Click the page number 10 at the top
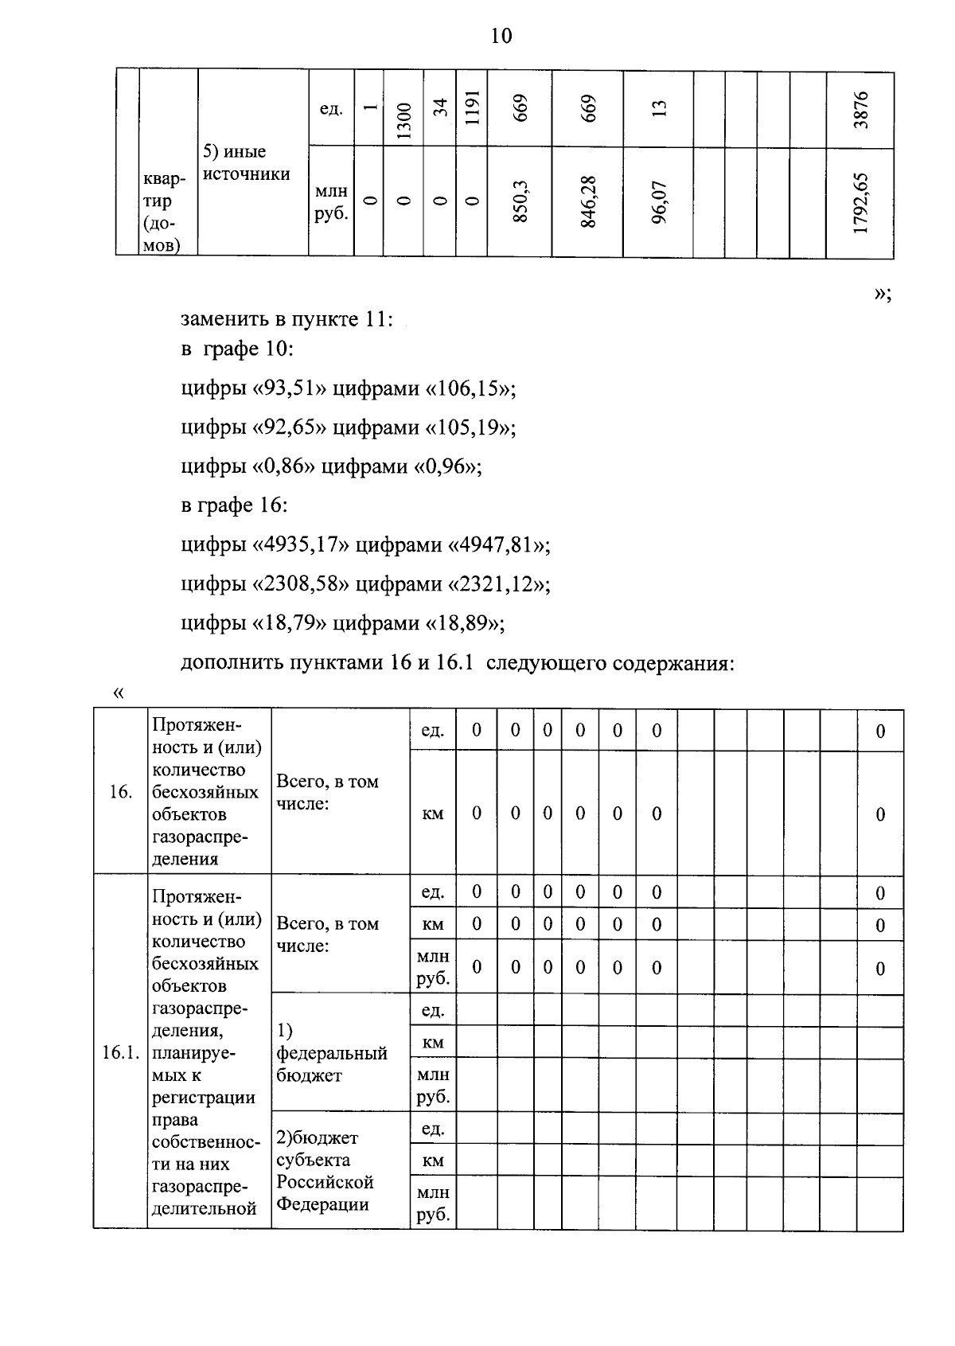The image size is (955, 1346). [x=501, y=36]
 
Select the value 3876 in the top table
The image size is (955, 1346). [x=860, y=110]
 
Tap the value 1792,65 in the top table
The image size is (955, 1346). [x=860, y=203]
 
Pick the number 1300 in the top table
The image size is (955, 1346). [x=403, y=121]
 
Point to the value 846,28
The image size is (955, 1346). [x=588, y=203]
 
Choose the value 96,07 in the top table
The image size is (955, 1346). [x=658, y=203]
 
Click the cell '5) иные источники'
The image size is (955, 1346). [x=246, y=163]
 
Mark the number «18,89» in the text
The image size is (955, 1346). [x=466, y=623]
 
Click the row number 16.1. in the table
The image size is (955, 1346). [x=120, y=1053]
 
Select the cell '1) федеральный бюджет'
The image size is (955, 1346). [x=331, y=1053]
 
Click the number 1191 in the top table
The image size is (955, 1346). [x=471, y=106]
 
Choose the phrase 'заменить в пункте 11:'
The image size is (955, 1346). [x=287, y=320]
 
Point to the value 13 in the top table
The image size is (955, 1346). [x=658, y=107]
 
